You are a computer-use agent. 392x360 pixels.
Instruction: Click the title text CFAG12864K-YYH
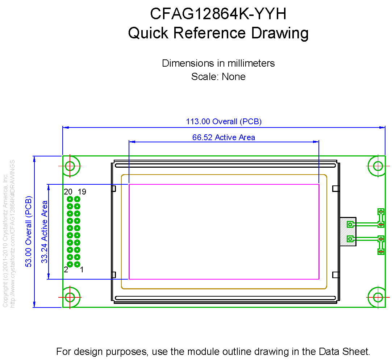pyautogui.click(x=218, y=14)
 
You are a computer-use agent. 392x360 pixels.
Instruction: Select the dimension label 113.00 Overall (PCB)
pyautogui.click(x=224, y=121)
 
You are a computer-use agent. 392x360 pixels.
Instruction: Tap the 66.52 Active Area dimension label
pyautogui.click(x=224, y=137)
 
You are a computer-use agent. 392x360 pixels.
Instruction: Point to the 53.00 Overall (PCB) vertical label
pyautogui.click(x=29, y=231)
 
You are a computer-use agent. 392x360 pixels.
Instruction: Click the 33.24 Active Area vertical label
pyautogui.click(x=45, y=232)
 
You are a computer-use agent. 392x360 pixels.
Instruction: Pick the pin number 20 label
pyautogui.click(x=68, y=192)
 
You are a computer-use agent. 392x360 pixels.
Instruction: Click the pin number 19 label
pyautogui.click(x=82, y=192)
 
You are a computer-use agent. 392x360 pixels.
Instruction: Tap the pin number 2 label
pyautogui.click(x=66, y=270)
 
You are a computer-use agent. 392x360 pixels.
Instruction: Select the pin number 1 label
pyautogui.click(x=82, y=270)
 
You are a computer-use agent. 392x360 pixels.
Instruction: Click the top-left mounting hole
pyautogui.click(x=70, y=166)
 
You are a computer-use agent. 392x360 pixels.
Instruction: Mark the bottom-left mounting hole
pyautogui.click(x=70, y=297)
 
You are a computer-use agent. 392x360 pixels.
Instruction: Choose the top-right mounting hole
pyautogui.click(x=378, y=166)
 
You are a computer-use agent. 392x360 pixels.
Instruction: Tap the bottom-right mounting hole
pyautogui.click(x=378, y=297)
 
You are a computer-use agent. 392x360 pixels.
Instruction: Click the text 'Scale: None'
pyautogui.click(x=218, y=76)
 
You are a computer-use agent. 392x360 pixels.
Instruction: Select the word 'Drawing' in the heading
pyautogui.click(x=280, y=33)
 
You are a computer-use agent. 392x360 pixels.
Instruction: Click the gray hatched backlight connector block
pyautogui.click(x=348, y=232)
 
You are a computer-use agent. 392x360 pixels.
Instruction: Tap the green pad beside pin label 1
pyautogui.click(x=77, y=264)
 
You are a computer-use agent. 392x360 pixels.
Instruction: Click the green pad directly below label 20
pyautogui.click(x=70, y=199)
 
